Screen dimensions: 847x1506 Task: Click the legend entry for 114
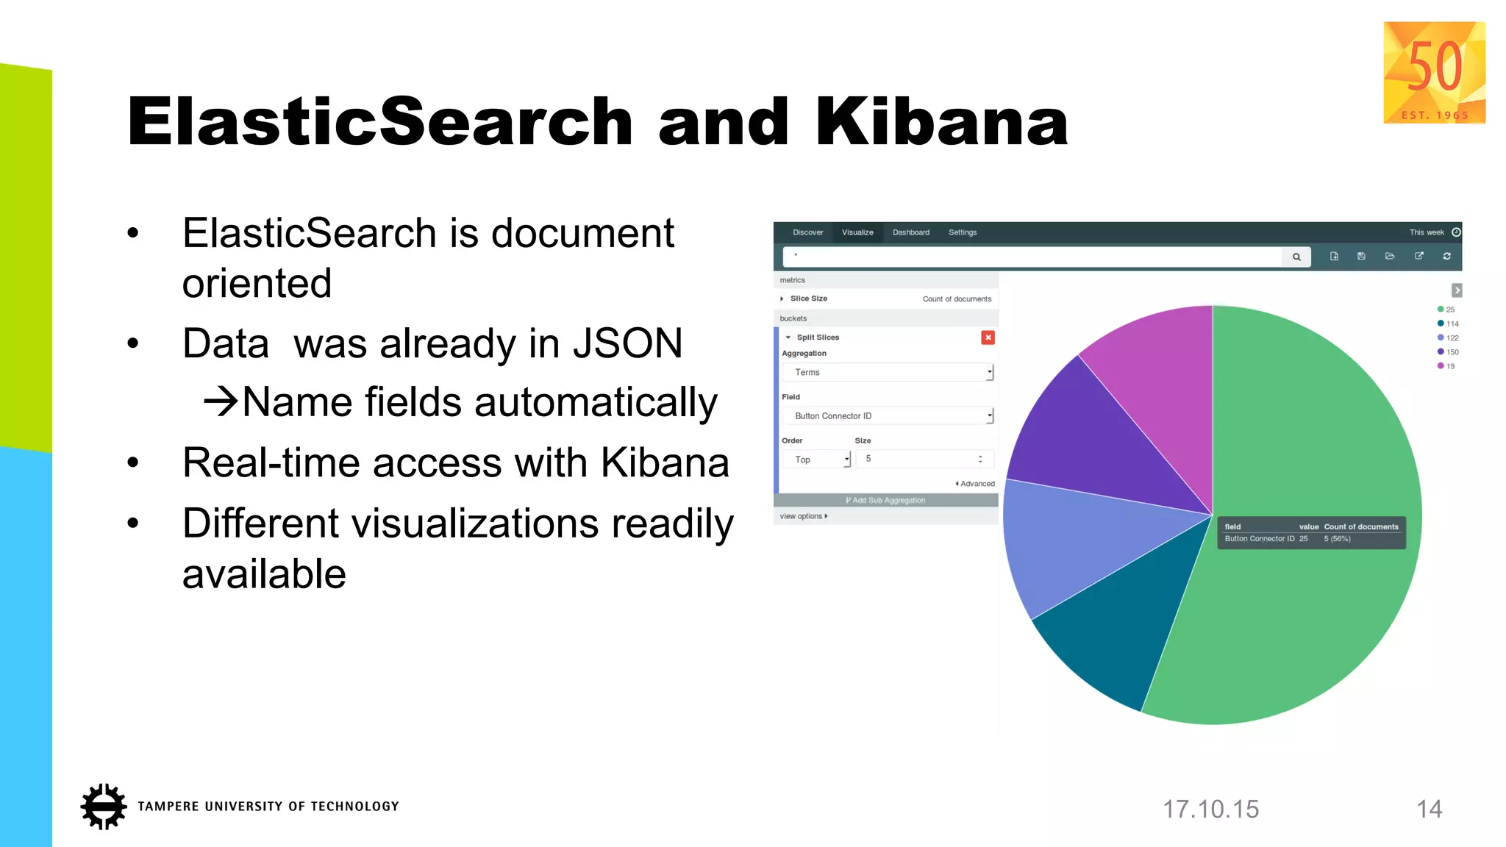coord(1448,324)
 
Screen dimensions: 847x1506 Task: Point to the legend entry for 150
coord(1448,352)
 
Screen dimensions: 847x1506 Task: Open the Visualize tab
coord(857,232)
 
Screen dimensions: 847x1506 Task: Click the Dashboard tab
coord(910,232)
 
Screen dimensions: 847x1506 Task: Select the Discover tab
coord(807,232)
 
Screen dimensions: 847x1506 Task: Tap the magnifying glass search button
coord(1296,257)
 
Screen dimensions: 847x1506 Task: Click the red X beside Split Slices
coord(988,337)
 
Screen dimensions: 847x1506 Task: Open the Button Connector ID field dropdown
coord(888,416)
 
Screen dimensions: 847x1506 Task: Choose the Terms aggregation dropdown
coord(888,373)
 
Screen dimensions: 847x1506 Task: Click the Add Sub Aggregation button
coord(885,501)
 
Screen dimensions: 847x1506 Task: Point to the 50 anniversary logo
coord(1434,72)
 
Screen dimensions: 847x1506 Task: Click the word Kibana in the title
coord(941,122)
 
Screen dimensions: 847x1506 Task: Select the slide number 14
coord(1429,810)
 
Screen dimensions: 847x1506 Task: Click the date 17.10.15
coord(1210,810)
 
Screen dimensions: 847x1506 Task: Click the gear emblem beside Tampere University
coord(104,807)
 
